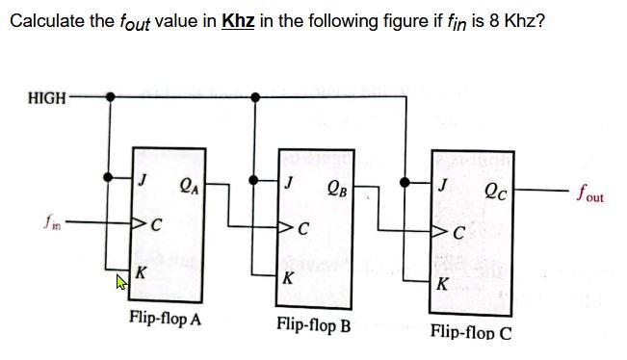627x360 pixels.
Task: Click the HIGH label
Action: coord(48,97)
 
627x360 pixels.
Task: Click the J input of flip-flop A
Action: coord(143,179)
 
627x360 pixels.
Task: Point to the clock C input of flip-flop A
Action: coord(151,226)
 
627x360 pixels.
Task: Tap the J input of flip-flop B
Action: coord(290,180)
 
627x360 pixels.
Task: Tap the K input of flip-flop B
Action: coord(287,279)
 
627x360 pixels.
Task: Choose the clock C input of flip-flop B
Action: coord(300,230)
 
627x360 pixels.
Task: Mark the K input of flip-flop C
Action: coord(441,285)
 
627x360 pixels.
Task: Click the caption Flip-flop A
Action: coord(165,319)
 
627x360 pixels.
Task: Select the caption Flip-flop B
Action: coord(313,324)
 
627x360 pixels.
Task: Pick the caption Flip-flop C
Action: coord(471,332)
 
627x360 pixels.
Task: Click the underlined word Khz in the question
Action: coord(238,21)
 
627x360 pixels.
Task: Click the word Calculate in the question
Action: coord(41,21)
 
